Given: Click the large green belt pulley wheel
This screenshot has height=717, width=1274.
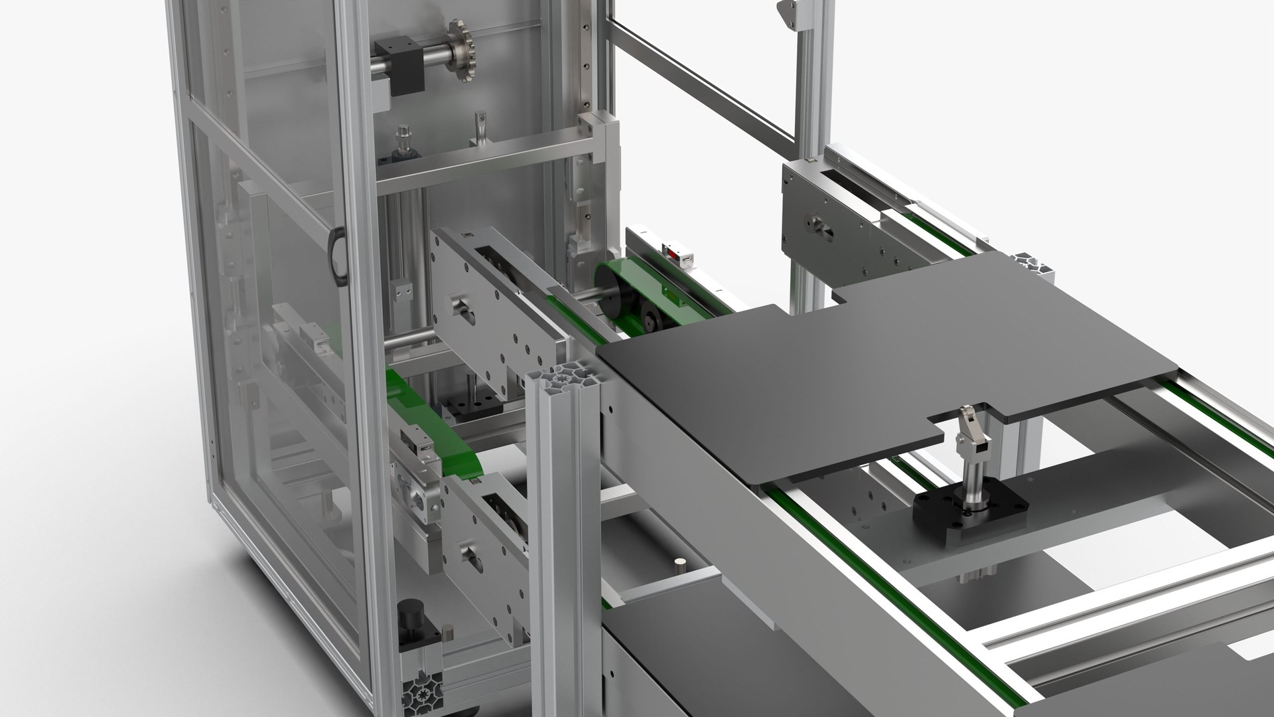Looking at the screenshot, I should coord(614,289).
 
